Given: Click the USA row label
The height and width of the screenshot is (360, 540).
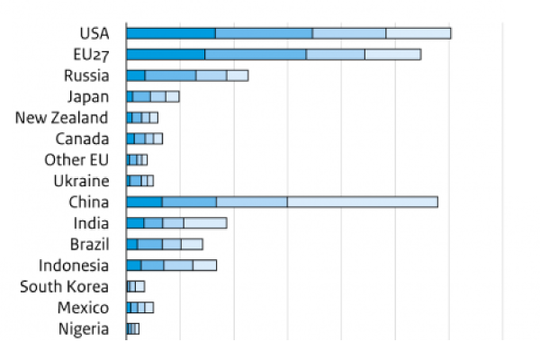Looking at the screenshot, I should pyautogui.click(x=93, y=33).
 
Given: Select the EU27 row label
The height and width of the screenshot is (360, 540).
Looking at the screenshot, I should pyautogui.click(x=91, y=54).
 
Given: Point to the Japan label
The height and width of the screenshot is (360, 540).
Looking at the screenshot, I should pyautogui.click(x=88, y=96).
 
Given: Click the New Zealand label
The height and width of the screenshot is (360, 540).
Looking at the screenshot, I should pyautogui.click(x=61, y=118).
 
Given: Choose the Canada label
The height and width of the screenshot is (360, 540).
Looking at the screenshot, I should pyautogui.click(x=82, y=139).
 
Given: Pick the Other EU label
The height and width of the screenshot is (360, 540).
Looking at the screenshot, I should pyautogui.click(x=76, y=160).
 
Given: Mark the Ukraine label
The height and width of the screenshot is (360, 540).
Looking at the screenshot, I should pyautogui.click(x=83, y=181).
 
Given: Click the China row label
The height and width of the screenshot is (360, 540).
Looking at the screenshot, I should pyautogui.click(x=89, y=202).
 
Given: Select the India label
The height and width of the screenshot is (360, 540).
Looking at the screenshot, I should pyautogui.click(x=91, y=223).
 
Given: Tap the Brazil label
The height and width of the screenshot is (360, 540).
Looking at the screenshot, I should pyautogui.click(x=89, y=244).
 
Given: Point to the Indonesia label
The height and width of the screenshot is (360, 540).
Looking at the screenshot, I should pyautogui.click(x=74, y=265).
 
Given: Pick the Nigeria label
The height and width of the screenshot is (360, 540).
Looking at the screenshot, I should pyautogui.click(x=84, y=328).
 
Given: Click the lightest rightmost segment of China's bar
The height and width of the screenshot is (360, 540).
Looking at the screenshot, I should pyautogui.click(x=362, y=202).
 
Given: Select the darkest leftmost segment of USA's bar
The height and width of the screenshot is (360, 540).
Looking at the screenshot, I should pyautogui.click(x=171, y=33).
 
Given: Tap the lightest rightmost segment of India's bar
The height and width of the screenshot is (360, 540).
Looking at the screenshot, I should pyautogui.click(x=205, y=223).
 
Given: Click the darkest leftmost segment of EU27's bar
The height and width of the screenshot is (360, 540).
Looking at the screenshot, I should pyautogui.click(x=166, y=54).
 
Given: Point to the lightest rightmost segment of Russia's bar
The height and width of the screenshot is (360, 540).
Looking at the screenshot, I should pyautogui.click(x=237, y=76).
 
